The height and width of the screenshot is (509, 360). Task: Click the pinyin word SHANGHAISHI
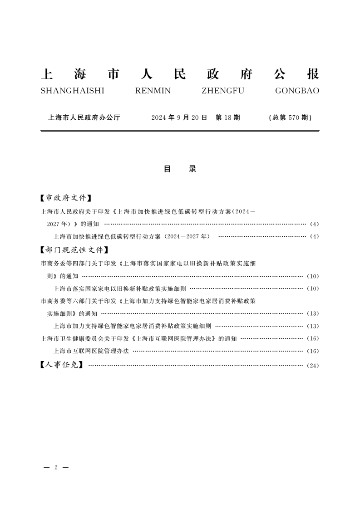tap(72, 91)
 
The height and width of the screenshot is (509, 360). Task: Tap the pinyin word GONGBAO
tap(297, 91)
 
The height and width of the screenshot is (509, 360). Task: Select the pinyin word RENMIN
tap(153, 91)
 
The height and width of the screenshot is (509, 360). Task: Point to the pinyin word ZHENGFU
tap(222, 91)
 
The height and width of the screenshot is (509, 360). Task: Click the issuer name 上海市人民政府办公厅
tap(84, 117)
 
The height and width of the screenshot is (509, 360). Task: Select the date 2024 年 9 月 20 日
tap(179, 117)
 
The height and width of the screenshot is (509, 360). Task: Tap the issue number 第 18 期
tap(227, 117)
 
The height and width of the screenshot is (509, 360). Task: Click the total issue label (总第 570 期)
tap(291, 117)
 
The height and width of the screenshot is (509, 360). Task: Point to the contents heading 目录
tap(180, 169)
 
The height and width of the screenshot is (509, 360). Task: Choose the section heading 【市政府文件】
tap(66, 198)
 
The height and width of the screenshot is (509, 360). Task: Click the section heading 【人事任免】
tap(62, 364)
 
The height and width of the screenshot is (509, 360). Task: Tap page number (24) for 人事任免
tap(313, 365)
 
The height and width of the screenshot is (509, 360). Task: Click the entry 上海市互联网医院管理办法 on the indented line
tap(91, 351)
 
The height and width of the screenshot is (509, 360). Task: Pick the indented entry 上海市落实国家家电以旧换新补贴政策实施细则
tap(120, 289)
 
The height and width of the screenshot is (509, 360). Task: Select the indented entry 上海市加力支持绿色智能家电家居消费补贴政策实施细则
tap(132, 326)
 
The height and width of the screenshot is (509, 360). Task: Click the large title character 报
tap(313, 74)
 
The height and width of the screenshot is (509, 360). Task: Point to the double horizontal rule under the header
tap(180, 131)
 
